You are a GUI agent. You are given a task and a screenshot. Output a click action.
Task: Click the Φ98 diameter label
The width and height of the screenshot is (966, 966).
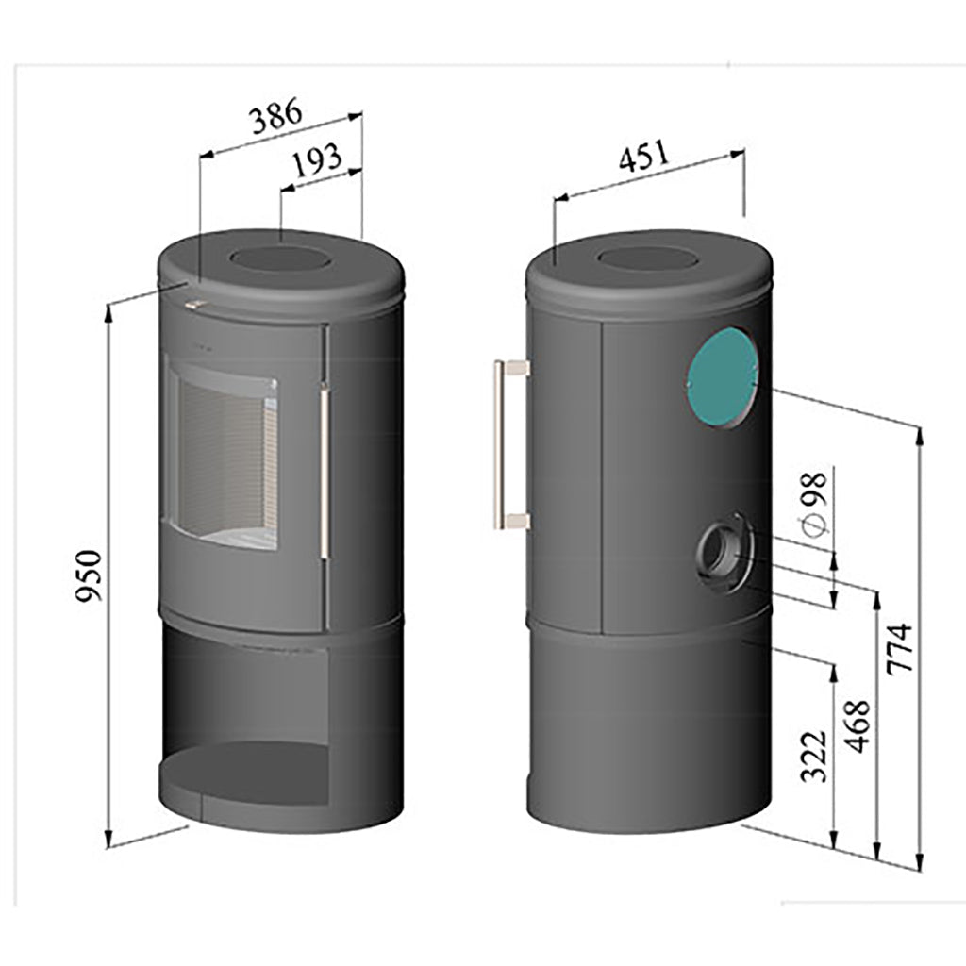(x=814, y=502)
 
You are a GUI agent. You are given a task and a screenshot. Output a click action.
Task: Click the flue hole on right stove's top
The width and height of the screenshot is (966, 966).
(x=648, y=258)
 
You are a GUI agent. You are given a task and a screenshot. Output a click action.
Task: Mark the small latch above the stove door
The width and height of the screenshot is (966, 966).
(x=196, y=304)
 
